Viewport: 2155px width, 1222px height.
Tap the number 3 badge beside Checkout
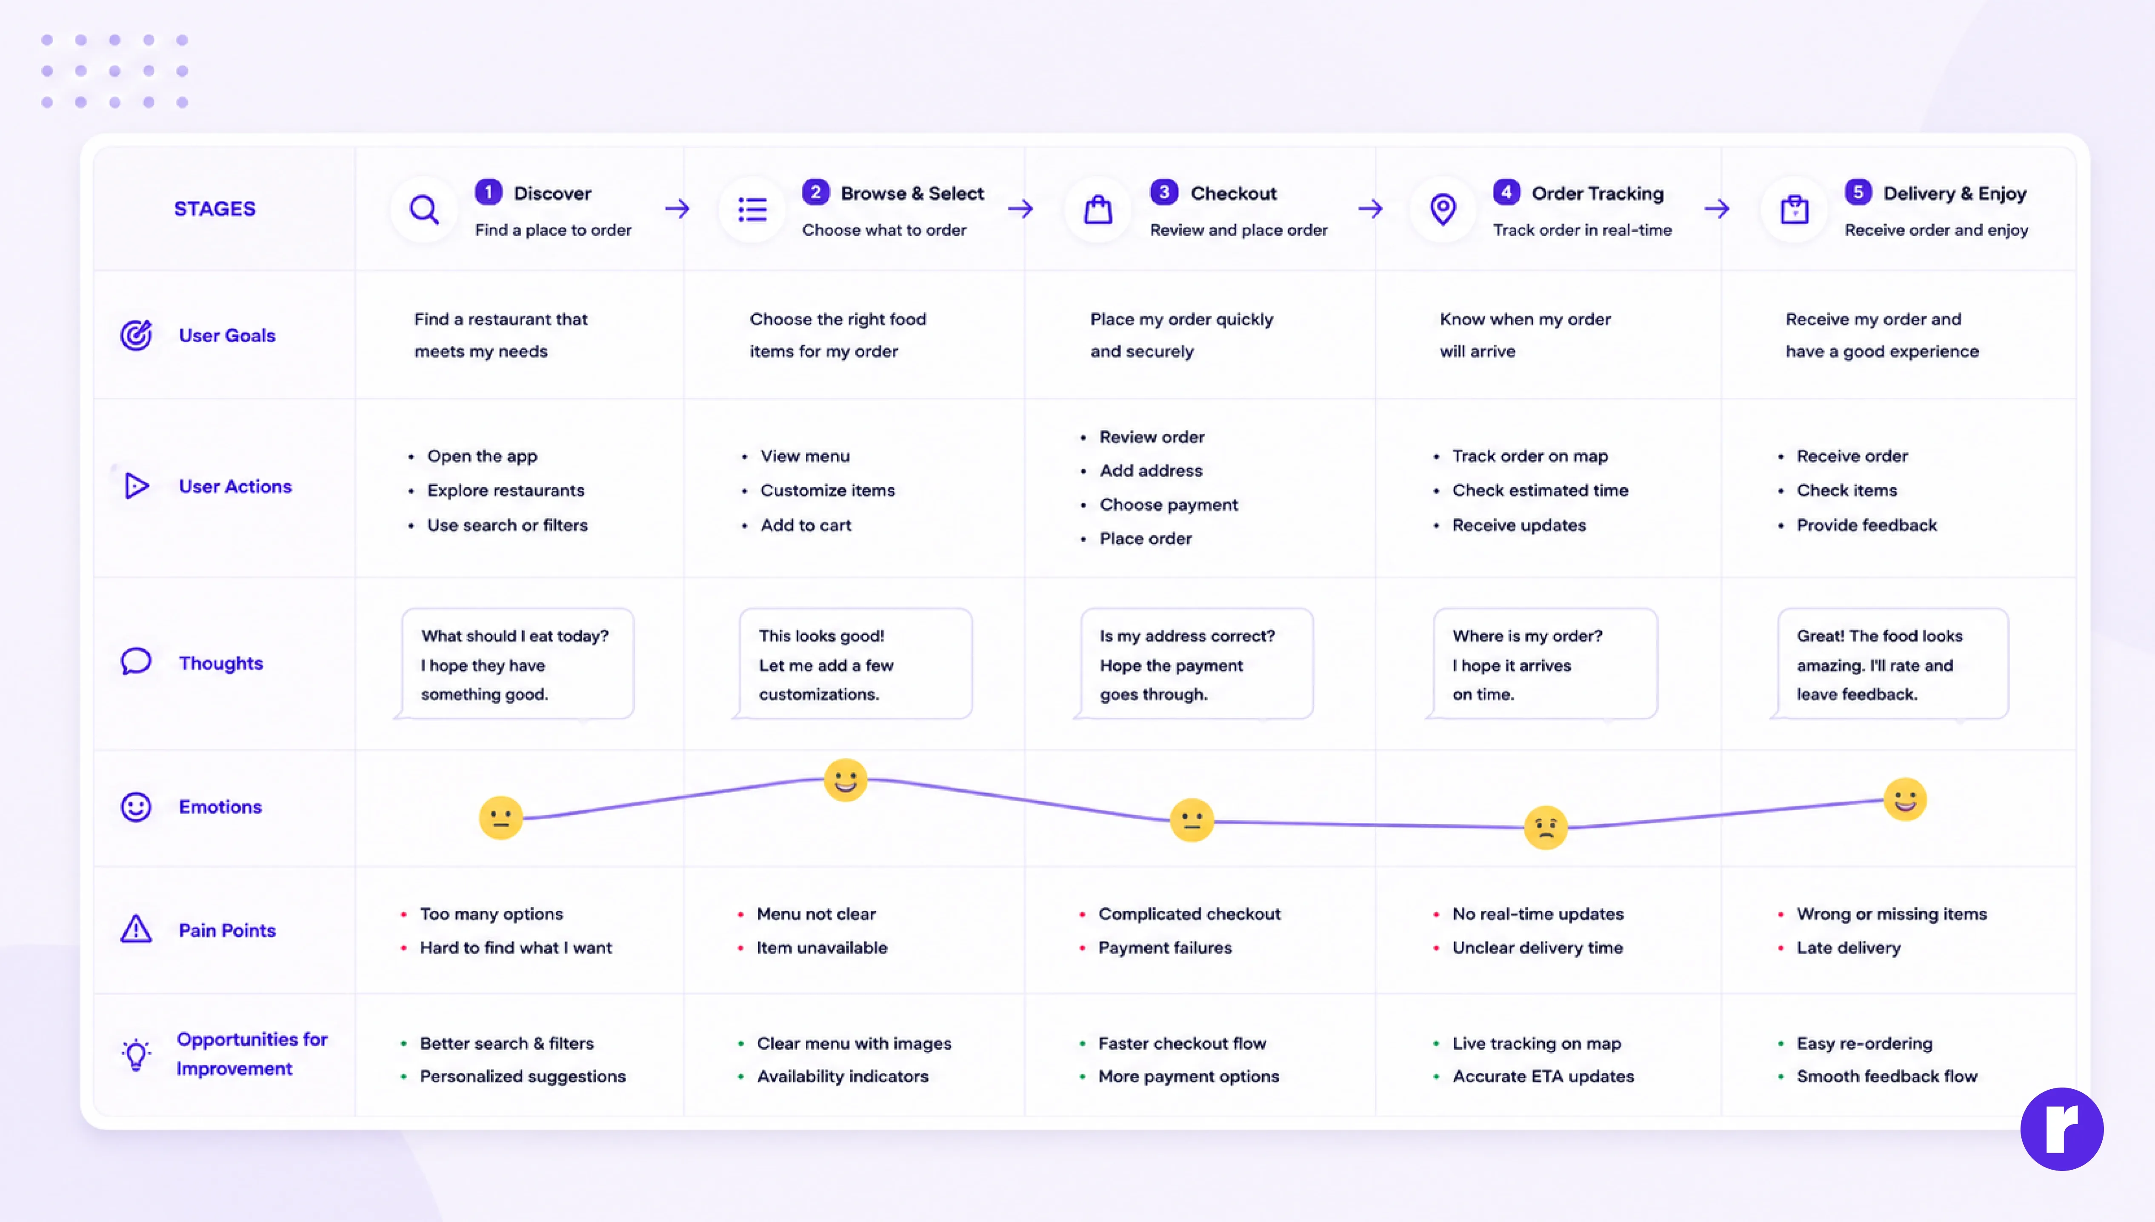1163,192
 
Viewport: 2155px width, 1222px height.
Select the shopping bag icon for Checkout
1098,209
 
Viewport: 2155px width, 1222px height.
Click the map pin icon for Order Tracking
1443,209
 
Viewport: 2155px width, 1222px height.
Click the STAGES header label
215,209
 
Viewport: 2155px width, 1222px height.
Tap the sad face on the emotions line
1545,828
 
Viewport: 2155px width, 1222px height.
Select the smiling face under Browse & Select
845,780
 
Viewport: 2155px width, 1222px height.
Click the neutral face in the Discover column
501,817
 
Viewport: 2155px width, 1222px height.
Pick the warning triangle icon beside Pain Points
136,929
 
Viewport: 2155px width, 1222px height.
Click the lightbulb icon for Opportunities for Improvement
136,1054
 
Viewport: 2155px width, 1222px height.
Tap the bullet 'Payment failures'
1165,948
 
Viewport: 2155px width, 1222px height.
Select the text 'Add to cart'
806,525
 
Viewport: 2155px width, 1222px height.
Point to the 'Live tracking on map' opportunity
1537,1043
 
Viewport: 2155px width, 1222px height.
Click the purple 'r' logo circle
2061,1129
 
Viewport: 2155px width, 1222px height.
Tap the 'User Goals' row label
226,336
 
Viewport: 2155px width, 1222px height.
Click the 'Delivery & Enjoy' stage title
1955,194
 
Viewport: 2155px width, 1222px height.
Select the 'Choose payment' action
1168,504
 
